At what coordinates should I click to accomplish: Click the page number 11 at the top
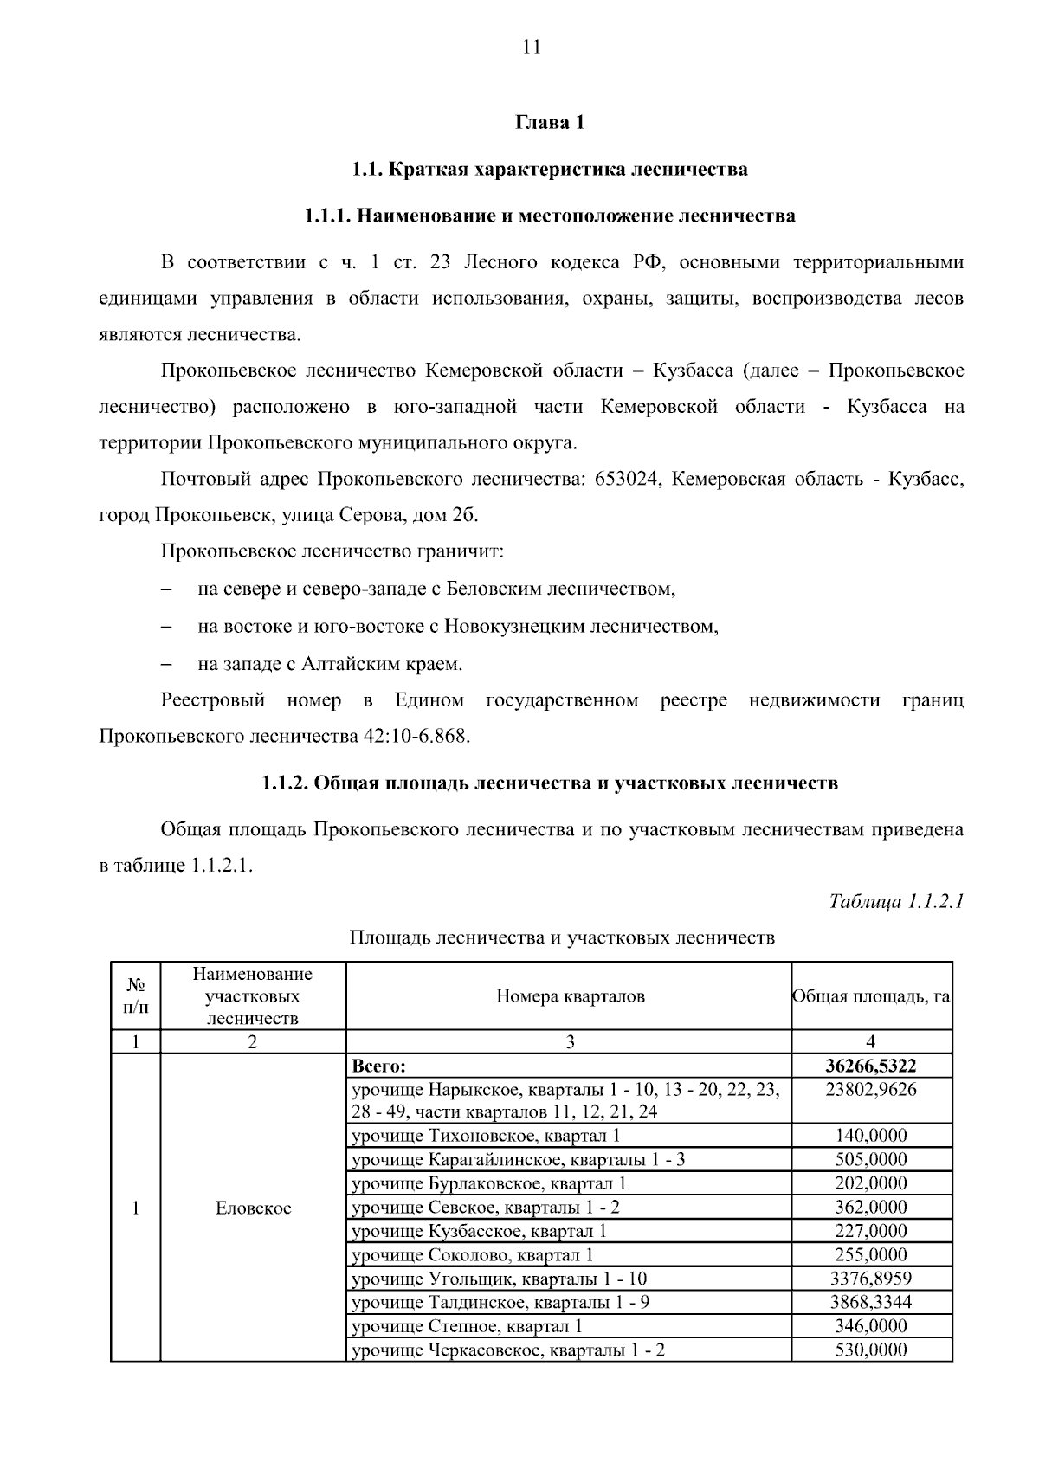click(x=532, y=47)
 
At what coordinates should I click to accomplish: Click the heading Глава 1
click(x=550, y=122)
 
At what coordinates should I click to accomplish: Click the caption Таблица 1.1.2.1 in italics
click(x=896, y=901)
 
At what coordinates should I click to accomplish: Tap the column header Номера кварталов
click(x=570, y=995)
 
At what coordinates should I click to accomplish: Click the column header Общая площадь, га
click(x=871, y=995)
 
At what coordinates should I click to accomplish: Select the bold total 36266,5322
click(x=870, y=1066)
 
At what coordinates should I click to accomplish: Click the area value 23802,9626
click(x=870, y=1089)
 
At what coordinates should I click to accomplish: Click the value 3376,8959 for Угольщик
click(x=870, y=1279)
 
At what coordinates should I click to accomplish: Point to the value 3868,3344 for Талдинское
click(x=870, y=1302)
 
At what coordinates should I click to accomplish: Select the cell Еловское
click(x=253, y=1208)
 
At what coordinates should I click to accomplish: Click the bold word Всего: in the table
click(x=378, y=1066)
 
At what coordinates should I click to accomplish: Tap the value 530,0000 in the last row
click(x=870, y=1350)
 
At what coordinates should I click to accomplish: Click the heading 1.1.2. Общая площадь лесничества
click(x=550, y=783)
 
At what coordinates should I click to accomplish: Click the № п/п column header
click(x=136, y=995)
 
